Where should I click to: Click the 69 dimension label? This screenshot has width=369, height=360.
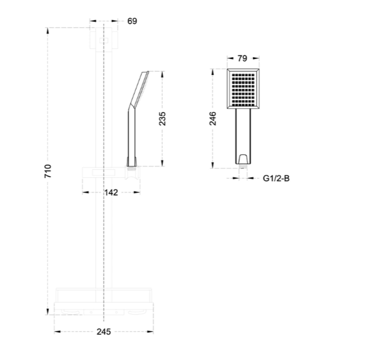click(132, 21)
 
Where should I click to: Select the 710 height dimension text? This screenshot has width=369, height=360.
click(48, 171)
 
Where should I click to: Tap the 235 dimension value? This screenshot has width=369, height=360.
click(162, 119)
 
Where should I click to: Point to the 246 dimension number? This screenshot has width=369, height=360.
click(213, 119)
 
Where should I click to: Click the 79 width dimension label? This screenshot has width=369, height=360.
click(242, 59)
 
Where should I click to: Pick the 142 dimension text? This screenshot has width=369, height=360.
click(111, 193)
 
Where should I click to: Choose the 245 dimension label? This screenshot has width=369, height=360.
click(104, 332)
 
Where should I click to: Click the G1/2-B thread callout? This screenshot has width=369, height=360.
click(276, 179)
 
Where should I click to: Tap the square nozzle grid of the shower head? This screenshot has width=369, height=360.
click(243, 90)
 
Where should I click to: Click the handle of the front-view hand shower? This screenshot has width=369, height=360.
click(243, 136)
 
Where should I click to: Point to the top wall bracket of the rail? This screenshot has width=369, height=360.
click(104, 38)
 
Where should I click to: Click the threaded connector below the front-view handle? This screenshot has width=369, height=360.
click(243, 166)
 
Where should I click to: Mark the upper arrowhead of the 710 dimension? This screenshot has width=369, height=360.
click(48, 31)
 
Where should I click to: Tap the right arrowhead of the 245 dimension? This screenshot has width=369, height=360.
click(150, 332)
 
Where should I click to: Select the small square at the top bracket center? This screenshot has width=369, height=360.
click(104, 41)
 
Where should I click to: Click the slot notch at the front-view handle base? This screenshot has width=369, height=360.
click(242, 159)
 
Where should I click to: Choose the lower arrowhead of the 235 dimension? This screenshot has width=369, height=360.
click(162, 163)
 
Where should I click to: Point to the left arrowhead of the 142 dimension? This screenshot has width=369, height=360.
click(86, 193)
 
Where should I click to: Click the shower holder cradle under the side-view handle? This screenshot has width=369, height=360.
click(132, 173)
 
